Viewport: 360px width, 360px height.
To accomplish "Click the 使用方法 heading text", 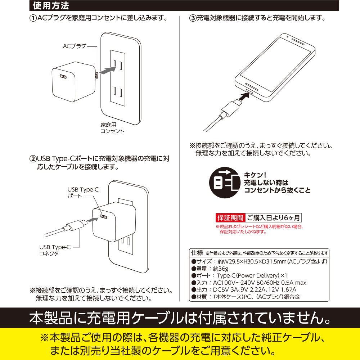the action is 51,6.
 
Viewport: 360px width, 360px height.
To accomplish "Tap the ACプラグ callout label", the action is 75,46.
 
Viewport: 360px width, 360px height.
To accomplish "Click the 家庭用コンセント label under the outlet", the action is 112,128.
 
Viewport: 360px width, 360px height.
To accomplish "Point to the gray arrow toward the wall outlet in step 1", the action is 108,70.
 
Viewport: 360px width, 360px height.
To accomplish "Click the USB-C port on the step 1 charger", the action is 63,76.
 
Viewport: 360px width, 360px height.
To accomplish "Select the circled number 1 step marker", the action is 33,18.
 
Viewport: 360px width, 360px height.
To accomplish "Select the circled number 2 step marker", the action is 33,159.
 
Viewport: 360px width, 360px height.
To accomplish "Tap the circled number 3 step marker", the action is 193,18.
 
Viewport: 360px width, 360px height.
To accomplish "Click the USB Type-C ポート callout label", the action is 83,193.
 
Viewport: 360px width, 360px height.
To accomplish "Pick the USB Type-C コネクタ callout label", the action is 55,250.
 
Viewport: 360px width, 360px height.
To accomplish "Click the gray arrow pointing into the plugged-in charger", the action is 93,220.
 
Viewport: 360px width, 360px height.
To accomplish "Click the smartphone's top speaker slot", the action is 298,41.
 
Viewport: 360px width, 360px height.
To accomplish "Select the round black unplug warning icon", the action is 225,183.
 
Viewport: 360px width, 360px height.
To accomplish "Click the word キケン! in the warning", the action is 255,175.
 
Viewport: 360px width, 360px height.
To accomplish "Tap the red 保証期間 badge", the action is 230,218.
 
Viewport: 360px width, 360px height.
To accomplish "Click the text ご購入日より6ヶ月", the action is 273,218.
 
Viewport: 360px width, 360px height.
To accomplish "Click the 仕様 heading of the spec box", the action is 197,253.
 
